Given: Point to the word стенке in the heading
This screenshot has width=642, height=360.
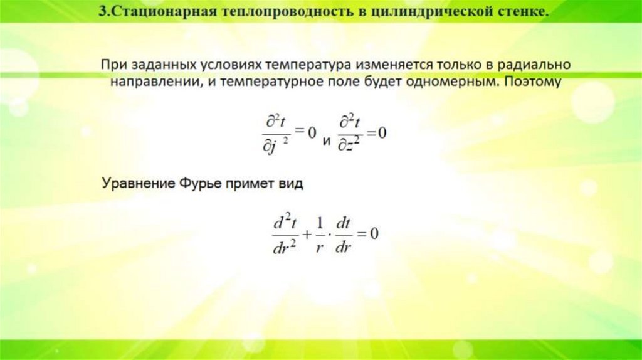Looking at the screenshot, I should (x=519, y=13).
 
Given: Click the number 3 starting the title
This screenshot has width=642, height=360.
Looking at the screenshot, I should (x=102, y=13).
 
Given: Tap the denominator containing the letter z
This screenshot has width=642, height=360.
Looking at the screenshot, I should (x=349, y=145).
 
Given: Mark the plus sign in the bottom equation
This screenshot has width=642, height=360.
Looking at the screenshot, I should (x=306, y=235).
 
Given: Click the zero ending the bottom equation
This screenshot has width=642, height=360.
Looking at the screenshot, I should (x=375, y=235).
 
